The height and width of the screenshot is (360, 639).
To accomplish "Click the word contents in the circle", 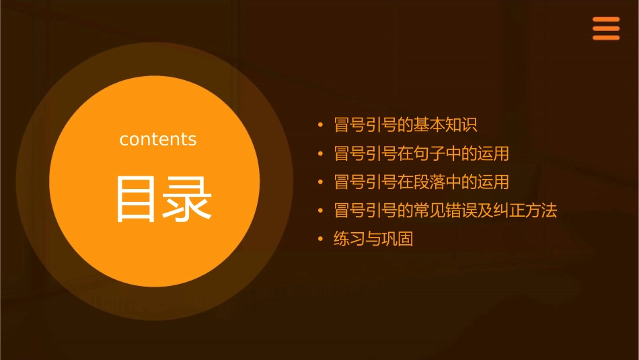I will [158, 139].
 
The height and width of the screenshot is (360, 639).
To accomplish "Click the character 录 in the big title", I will [186, 200].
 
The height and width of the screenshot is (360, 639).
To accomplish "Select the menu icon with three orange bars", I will [605, 29].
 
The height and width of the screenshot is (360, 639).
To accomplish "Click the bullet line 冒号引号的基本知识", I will [406, 125].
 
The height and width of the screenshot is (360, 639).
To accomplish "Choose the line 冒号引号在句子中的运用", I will [421, 153].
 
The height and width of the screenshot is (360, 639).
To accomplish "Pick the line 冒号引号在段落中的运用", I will [421, 182].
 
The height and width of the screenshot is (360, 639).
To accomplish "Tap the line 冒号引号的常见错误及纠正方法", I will [445, 211].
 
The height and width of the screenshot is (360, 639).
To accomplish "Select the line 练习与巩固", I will [373, 239].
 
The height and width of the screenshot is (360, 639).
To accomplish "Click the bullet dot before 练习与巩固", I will [321, 239].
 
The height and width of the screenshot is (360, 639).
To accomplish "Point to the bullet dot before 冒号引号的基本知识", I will [321, 125].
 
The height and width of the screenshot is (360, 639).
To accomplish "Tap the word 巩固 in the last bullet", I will [397, 239].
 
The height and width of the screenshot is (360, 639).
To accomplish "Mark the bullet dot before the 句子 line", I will [321, 153].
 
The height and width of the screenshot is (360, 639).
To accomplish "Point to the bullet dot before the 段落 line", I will [321, 182].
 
